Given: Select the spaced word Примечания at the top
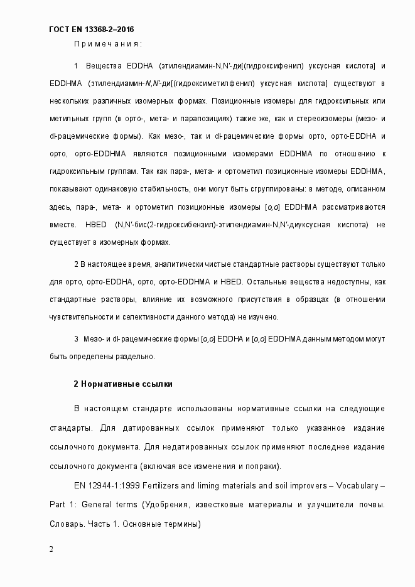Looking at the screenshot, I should [x=108, y=44].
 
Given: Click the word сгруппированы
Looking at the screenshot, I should [x=261, y=189].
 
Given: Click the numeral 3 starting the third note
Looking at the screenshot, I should [x=76, y=339].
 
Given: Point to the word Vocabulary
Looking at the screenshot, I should [x=357, y=487].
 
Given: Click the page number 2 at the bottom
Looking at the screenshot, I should [x=51, y=549].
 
